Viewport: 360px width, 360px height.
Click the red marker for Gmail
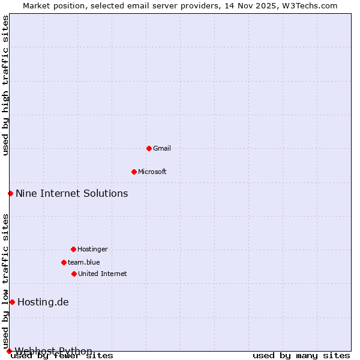[x=149, y=148]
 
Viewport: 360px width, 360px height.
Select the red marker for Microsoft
[x=134, y=172]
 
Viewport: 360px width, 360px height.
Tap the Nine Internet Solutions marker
[x=10, y=193]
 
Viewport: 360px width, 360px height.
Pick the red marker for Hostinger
[x=73, y=249]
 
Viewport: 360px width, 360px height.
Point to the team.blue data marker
[x=64, y=262]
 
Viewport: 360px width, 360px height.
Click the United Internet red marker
[x=74, y=274]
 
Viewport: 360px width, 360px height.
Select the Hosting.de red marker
[x=12, y=302]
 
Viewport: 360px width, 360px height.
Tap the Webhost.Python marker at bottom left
[x=9, y=351]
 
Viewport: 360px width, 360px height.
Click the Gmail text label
[x=162, y=148]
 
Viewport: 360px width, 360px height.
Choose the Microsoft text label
[x=152, y=172]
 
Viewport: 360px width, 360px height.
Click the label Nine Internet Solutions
[x=72, y=193]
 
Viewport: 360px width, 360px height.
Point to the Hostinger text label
[x=92, y=249]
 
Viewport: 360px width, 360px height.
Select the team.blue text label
[x=84, y=262]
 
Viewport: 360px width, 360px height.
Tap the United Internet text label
[x=103, y=274]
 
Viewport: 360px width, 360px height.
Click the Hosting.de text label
[x=43, y=302]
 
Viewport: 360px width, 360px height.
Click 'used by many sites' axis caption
[x=301, y=356]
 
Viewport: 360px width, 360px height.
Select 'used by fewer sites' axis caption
[x=62, y=356]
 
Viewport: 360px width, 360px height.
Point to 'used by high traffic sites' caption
[x=5, y=85]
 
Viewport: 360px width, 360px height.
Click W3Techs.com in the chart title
[x=310, y=5]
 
